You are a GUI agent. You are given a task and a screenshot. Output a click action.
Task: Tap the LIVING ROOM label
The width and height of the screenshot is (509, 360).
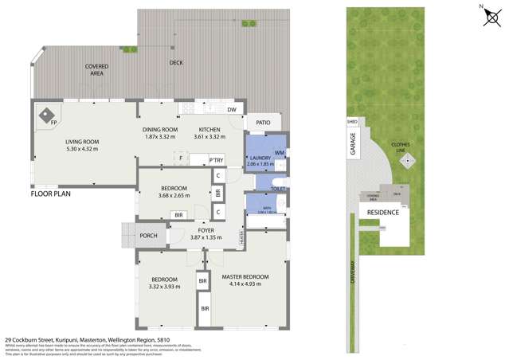82,142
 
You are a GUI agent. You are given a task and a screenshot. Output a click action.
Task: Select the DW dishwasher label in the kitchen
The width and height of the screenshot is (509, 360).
232,110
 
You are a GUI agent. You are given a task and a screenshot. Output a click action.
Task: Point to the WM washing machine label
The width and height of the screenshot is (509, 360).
280,151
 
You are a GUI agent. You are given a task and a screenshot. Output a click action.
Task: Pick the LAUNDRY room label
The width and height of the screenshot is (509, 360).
260,158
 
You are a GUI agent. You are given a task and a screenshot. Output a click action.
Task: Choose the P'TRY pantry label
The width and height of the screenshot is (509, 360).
215,160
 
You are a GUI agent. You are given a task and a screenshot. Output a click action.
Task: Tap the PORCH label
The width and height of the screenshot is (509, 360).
148,236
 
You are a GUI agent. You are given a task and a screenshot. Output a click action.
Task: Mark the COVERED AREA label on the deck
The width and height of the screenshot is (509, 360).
97,70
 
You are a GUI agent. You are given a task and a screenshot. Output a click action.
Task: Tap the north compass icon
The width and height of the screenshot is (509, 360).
491,17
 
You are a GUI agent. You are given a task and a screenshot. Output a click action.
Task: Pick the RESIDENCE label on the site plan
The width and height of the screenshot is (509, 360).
382,212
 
